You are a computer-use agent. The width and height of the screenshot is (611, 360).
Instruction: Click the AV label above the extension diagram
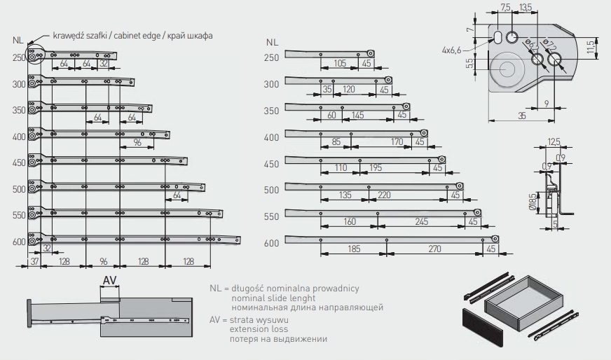point(109,280)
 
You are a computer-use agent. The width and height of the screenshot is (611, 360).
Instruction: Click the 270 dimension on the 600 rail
point(434,249)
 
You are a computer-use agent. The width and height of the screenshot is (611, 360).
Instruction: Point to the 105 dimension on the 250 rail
point(340,63)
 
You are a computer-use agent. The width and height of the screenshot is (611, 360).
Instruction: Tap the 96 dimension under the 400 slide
point(137,142)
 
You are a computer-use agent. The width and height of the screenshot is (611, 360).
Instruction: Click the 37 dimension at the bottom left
point(34,262)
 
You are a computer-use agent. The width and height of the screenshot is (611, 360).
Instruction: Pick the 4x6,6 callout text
point(452,51)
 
